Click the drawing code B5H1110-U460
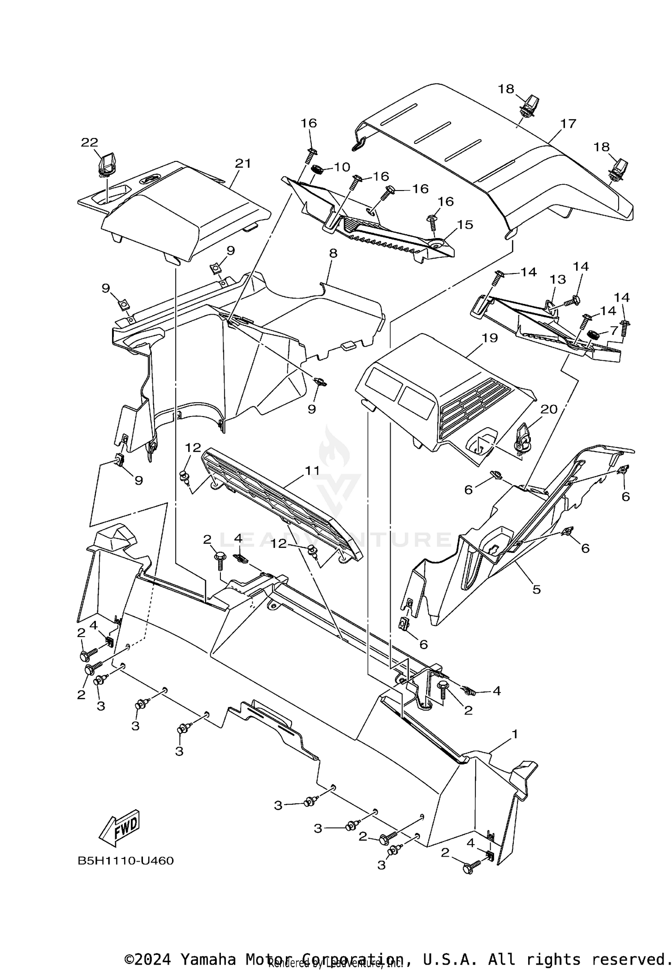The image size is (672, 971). click(x=125, y=861)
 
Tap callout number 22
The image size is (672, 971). click(x=90, y=143)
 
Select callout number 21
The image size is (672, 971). click(x=243, y=164)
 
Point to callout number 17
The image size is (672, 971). click(x=568, y=123)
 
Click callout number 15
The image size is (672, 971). click(x=465, y=224)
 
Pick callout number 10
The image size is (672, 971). click(x=342, y=167)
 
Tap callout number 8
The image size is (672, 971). click(x=333, y=253)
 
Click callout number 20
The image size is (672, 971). click(x=549, y=409)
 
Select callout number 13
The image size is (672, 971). click(x=558, y=279)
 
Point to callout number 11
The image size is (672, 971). click(x=312, y=470)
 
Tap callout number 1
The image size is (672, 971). click(x=515, y=734)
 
